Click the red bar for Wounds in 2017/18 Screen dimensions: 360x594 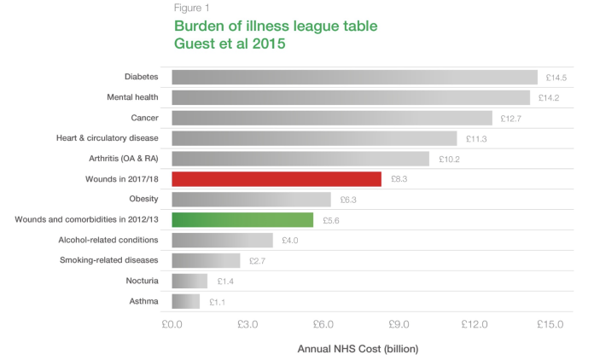coord(276,179)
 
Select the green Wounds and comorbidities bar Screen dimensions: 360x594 coord(242,220)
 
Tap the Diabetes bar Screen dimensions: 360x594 coord(354,78)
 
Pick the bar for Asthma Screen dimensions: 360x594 coord(185,301)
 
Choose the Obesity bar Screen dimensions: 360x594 coord(251,200)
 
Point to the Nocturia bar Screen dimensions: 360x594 coord(189,281)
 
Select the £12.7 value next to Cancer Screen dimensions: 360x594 coord(510,119)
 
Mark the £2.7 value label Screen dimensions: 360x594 coord(259,261)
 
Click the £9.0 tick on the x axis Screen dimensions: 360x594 coord(399,324)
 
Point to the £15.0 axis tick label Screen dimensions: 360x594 coord(550,324)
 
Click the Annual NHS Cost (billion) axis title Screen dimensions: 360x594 coord(358,349)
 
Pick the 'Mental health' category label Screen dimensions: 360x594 coord(133,97)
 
